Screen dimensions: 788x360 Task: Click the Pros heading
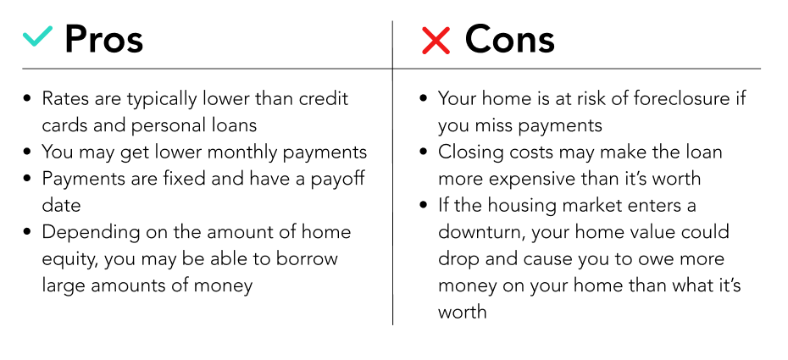104,39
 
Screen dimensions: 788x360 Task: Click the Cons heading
509,39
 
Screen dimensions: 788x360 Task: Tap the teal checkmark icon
37,36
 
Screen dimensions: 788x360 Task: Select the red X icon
436,40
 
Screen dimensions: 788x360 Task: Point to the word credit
324,98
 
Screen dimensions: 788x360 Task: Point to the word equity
65,259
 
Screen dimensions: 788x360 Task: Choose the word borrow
306,258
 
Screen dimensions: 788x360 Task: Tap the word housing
523,206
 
